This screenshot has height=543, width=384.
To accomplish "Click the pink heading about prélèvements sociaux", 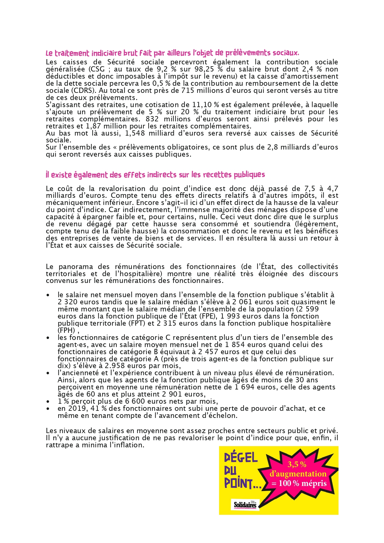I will (172, 53).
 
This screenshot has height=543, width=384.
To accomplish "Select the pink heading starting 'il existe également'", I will (155, 175).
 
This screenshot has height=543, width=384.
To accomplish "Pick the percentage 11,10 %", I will (206, 105).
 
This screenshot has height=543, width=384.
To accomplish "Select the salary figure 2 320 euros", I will (76, 302).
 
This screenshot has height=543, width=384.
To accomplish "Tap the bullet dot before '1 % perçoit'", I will (48, 402).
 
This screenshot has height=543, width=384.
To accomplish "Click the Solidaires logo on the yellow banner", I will (245, 505).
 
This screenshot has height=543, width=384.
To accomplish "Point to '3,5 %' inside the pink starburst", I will (297, 464).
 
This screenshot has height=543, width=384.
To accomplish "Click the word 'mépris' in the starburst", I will (314, 483).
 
